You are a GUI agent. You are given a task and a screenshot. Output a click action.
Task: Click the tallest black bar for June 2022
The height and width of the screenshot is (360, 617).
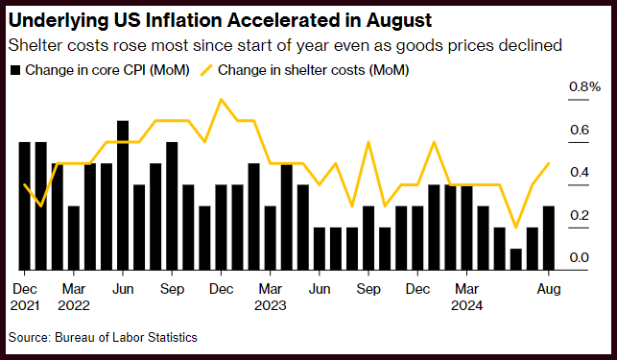pyautogui.click(x=123, y=196)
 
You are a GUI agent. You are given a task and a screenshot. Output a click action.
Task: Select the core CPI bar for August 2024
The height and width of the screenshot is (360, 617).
pyautogui.click(x=549, y=238)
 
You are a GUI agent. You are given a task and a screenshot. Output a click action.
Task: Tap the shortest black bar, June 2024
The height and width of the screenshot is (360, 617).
pyautogui.click(x=516, y=259)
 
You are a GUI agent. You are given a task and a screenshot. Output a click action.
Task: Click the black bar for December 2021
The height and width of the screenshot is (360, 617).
pyautogui.click(x=24, y=206)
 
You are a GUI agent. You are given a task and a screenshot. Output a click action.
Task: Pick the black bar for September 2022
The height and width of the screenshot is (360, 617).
pyautogui.click(x=172, y=206)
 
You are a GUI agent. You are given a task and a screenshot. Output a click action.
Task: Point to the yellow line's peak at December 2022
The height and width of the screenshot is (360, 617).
pyautogui.click(x=221, y=99)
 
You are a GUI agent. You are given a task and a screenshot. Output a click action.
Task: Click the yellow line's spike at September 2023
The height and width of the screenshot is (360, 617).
pyautogui.click(x=368, y=142)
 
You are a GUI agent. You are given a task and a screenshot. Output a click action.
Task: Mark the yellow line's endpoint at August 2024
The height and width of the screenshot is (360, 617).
pyautogui.click(x=549, y=163)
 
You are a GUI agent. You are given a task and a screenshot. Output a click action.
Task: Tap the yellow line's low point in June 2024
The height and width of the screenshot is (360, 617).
pyautogui.click(x=516, y=228)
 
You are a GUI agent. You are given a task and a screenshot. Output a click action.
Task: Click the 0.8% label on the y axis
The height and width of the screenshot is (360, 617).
pyautogui.click(x=584, y=86)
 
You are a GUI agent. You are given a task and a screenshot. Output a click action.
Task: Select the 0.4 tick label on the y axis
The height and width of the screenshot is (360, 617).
pyautogui.click(x=580, y=172)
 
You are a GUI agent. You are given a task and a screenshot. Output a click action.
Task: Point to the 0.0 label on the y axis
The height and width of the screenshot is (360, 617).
pyautogui.click(x=580, y=257)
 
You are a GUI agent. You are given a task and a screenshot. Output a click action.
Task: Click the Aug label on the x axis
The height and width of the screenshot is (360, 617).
pyautogui.click(x=549, y=289)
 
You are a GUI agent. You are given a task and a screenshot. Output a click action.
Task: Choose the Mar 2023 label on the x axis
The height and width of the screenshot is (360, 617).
pyautogui.click(x=271, y=297)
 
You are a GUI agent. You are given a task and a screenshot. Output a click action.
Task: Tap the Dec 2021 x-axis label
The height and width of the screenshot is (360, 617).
pyautogui.click(x=25, y=297)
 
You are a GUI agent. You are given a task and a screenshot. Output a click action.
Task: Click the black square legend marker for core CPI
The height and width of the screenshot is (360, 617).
pyautogui.click(x=15, y=70)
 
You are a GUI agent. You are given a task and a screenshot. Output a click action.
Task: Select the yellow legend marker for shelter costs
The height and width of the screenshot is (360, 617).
pyautogui.click(x=206, y=70)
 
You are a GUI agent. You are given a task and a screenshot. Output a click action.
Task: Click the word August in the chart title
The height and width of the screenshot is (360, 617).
pyautogui.click(x=399, y=20)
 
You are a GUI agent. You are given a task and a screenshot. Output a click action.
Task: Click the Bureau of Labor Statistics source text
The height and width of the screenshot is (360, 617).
pyautogui.click(x=126, y=338)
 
